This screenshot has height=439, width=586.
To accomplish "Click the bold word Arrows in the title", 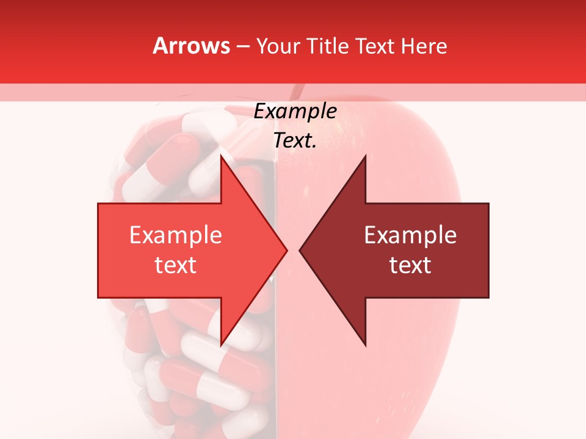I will (x=191, y=46).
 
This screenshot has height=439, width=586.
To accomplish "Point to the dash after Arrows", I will (x=242, y=46).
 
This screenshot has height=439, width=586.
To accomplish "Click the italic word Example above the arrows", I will (x=295, y=112).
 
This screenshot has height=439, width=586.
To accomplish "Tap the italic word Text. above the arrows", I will (x=295, y=141).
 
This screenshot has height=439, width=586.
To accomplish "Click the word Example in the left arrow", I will (x=175, y=235).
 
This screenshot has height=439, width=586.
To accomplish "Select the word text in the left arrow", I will (x=175, y=265).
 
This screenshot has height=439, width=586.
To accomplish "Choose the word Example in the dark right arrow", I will (x=410, y=235).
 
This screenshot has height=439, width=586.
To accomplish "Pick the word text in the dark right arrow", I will (x=410, y=265).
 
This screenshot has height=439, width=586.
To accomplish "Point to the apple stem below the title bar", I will (x=297, y=92).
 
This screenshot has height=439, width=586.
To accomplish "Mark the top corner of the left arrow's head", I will (x=221, y=156).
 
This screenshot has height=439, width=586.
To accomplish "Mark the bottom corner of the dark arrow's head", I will (x=365, y=345).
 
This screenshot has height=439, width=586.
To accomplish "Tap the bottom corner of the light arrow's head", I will (x=221, y=345).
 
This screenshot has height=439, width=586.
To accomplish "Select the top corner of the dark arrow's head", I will (x=365, y=156).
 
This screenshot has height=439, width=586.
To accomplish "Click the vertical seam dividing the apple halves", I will (x=275, y=378).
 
